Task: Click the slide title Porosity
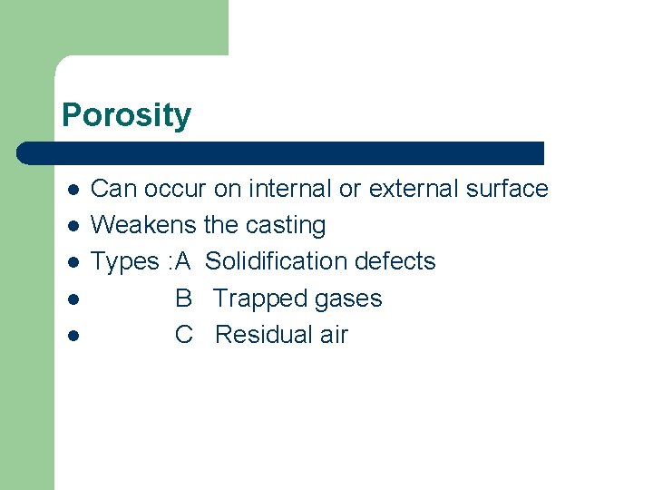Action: (126, 116)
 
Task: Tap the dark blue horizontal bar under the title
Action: (281, 152)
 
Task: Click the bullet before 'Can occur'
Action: (73, 190)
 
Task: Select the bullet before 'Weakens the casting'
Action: (73, 226)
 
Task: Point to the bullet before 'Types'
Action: (73, 262)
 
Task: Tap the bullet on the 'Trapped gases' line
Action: (73, 299)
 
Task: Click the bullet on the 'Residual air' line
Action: (73, 335)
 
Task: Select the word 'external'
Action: (413, 189)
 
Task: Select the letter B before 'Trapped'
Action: (183, 299)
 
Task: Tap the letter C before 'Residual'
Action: (184, 335)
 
